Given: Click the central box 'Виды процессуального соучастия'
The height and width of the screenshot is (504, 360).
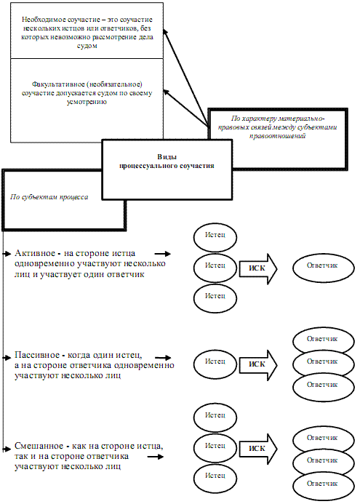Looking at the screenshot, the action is pos(167,169).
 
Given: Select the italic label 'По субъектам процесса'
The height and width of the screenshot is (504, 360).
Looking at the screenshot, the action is pos(49,196).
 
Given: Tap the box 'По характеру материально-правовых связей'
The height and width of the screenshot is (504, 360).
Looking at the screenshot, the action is pos(278,139).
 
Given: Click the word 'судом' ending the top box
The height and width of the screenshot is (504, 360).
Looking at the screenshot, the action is pos(87,46).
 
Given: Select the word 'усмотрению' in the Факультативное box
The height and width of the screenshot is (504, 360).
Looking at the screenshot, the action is pos(87,102).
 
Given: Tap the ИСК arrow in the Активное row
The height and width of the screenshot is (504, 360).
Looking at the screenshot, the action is pos(257,268).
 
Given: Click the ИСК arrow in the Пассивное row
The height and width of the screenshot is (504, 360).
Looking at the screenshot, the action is pos(257,365).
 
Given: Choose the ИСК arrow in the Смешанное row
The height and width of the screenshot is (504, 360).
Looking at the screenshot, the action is pos(257,449).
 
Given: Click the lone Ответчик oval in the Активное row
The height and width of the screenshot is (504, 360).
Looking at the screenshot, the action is pos(324,267).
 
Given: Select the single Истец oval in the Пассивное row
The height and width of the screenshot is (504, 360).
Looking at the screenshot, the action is pos(215,364).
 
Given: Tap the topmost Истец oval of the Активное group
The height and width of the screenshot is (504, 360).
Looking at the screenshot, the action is pos(215,237).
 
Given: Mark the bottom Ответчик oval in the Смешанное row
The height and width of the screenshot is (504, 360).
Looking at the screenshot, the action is pos(324,485).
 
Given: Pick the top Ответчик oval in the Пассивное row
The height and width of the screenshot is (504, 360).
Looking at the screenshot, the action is pos(324,340).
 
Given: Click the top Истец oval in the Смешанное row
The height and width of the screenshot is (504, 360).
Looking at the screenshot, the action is pos(215,417).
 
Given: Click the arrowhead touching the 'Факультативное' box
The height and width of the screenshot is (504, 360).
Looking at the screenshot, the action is pos(166,92).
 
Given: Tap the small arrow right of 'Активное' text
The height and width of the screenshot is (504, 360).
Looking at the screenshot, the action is pos(163,254).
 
